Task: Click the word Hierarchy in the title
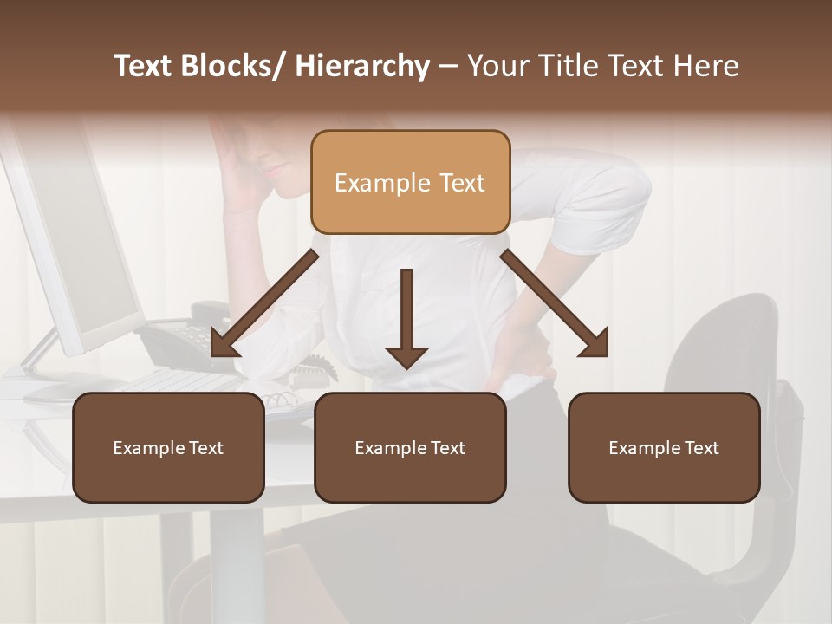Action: pyautogui.click(x=362, y=66)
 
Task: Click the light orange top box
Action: pyautogui.click(x=410, y=182)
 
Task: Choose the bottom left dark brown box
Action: pyautogui.click(x=168, y=447)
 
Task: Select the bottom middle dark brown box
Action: pyautogui.click(x=410, y=447)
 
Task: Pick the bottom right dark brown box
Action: pyautogui.click(x=664, y=447)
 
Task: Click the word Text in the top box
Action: pyautogui.click(x=460, y=183)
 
